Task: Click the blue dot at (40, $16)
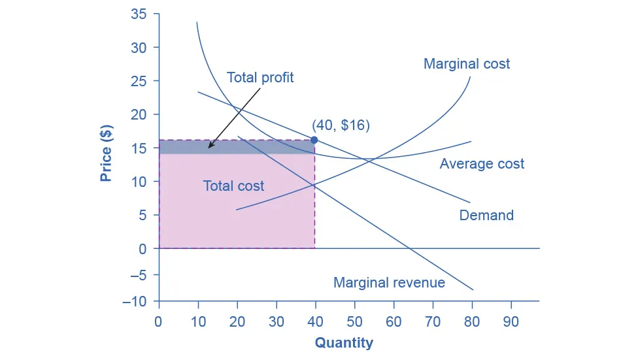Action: (x=314, y=140)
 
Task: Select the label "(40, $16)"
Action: (x=341, y=125)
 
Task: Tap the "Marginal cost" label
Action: (x=467, y=64)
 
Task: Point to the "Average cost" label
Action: (x=482, y=163)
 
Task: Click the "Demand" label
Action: (x=486, y=215)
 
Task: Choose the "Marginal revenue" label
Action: (x=389, y=282)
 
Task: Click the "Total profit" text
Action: (x=260, y=78)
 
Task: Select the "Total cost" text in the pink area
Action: (x=233, y=186)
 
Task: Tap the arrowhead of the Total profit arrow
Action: (x=209, y=147)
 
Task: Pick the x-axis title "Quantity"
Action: (x=344, y=342)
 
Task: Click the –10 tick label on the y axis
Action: (x=136, y=301)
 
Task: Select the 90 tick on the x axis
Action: (x=511, y=323)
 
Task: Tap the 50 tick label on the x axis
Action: (x=354, y=323)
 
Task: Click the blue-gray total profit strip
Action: (x=261, y=146)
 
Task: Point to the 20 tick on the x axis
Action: (x=237, y=323)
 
